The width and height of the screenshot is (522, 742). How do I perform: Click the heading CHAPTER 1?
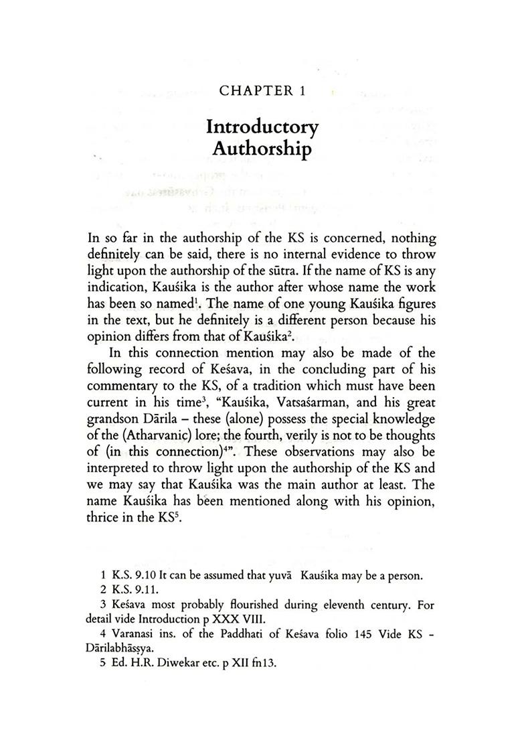(x=262, y=91)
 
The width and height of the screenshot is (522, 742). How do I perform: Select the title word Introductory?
(x=262, y=127)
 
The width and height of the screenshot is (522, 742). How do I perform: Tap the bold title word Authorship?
(x=262, y=149)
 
